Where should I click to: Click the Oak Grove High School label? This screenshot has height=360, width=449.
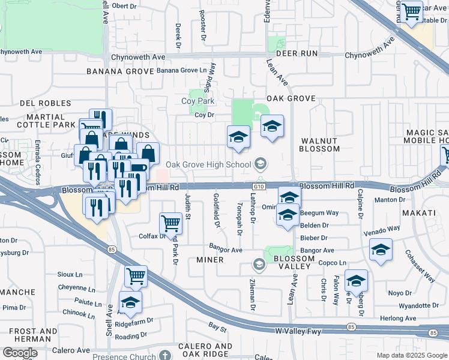(x=208, y=164)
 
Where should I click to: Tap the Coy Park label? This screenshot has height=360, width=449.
(x=198, y=101)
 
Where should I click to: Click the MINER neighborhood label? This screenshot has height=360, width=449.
(x=210, y=260)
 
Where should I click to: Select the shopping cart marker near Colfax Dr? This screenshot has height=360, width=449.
(x=171, y=223)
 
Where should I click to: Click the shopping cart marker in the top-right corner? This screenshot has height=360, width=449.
(x=411, y=11)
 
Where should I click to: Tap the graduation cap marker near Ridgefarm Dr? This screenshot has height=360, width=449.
(x=130, y=301)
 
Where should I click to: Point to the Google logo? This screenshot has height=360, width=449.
(x=20, y=353)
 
